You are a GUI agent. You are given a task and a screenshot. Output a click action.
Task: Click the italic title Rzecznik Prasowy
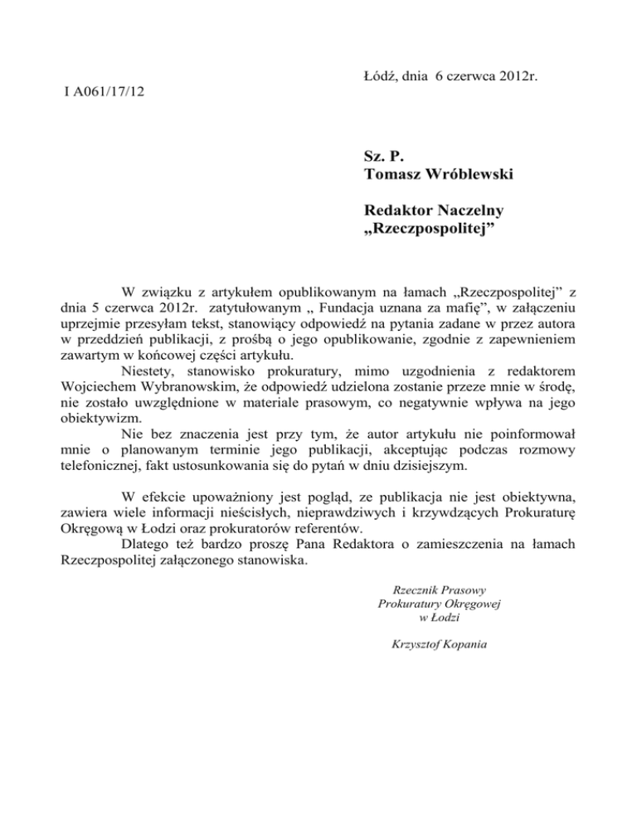pyautogui.click(x=429, y=589)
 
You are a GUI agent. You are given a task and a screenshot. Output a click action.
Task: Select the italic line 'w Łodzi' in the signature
pyautogui.click(x=429, y=618)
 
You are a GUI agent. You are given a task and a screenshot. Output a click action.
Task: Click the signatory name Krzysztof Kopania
pyautogui.click(x=429, y=644)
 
